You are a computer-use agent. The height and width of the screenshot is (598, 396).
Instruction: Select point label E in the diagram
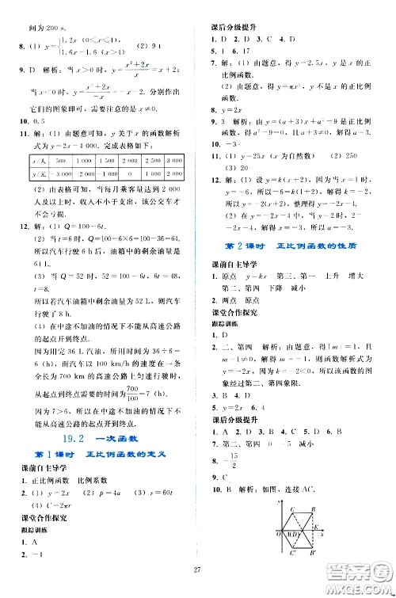315,526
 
